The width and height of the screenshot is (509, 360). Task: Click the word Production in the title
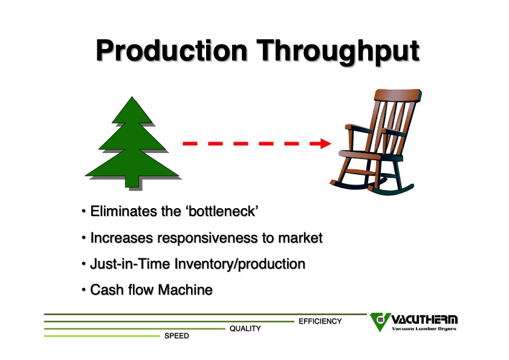click(172, 50)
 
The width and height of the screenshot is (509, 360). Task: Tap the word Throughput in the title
click(339, 51)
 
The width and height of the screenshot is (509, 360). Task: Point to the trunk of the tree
click(132, 182)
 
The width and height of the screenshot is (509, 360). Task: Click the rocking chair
click(376, 142)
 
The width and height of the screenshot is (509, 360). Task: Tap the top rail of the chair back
click(398, 95)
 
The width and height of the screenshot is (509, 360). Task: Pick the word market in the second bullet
click(300, 238)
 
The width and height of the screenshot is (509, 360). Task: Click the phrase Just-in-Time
click(130, 264)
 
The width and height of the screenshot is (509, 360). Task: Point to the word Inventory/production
click(240, 264)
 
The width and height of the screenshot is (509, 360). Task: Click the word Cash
click(107, 290)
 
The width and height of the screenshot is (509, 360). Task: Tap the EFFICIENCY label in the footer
click(320, 321)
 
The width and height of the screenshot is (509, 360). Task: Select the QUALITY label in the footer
click(245, 329)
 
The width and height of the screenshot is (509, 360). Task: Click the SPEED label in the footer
click(177, 336)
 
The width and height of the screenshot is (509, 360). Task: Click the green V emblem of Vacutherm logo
click(380, 322)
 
